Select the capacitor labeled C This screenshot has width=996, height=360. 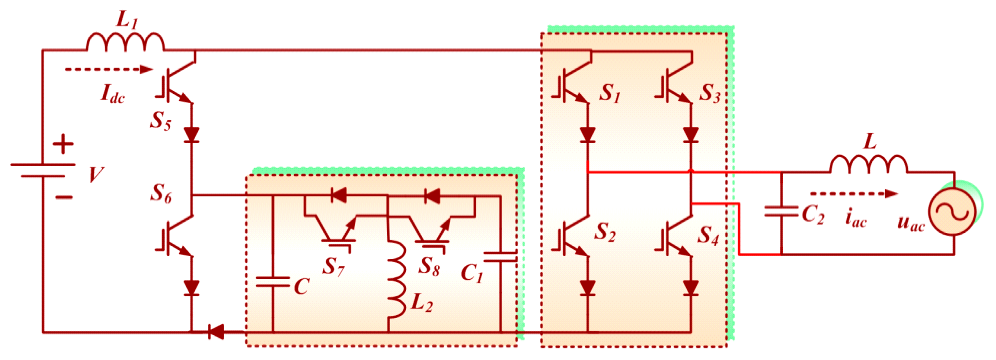coord(273,282)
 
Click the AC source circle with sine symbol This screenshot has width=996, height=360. coord(954,213)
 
